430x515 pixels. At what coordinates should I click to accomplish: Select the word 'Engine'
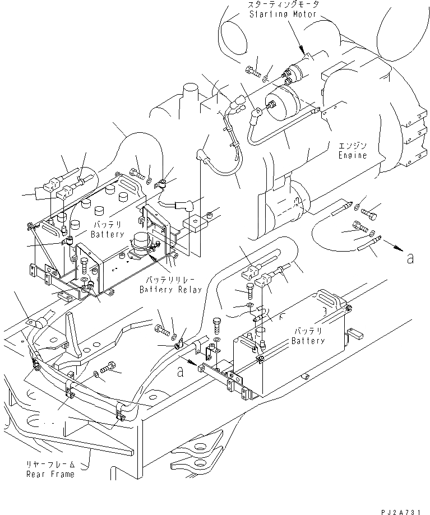click(x=352, y=155)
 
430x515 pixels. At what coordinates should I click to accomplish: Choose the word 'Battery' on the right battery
click(x=307, y=340)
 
